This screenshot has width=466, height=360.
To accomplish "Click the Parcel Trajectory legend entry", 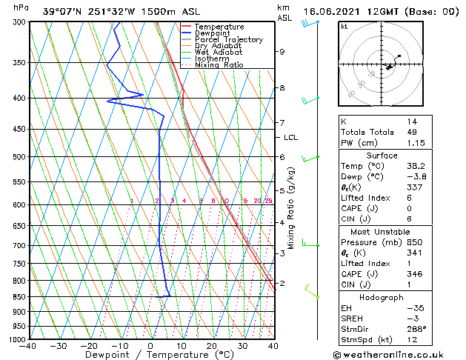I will (x=228, y=40).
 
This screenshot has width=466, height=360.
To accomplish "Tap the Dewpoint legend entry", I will (x=214, y=33).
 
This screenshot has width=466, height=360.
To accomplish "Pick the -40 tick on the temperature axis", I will (x=29, y=345).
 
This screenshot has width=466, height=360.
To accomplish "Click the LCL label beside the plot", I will (x=290, y=138).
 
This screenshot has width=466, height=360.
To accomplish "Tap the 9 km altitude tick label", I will (x=282, y=52).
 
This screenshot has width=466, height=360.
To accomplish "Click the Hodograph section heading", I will (x=382, y=298).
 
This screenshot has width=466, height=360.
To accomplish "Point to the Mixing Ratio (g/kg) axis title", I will (x=292, y=208).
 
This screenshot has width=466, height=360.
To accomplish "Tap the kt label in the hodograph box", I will (x=344, y=27).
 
